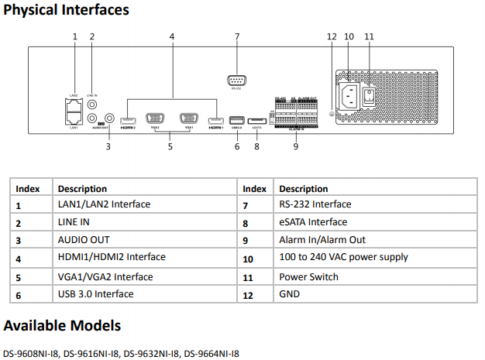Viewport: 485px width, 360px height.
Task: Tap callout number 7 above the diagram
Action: point(236,36)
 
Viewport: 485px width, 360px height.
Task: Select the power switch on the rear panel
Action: point(370,95)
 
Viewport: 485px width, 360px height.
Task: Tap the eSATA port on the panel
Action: point(256,119)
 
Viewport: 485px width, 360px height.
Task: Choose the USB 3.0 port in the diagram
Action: point(236,119)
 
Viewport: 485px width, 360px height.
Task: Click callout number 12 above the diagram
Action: point(332,36)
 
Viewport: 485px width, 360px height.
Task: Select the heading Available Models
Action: point(62,325)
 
